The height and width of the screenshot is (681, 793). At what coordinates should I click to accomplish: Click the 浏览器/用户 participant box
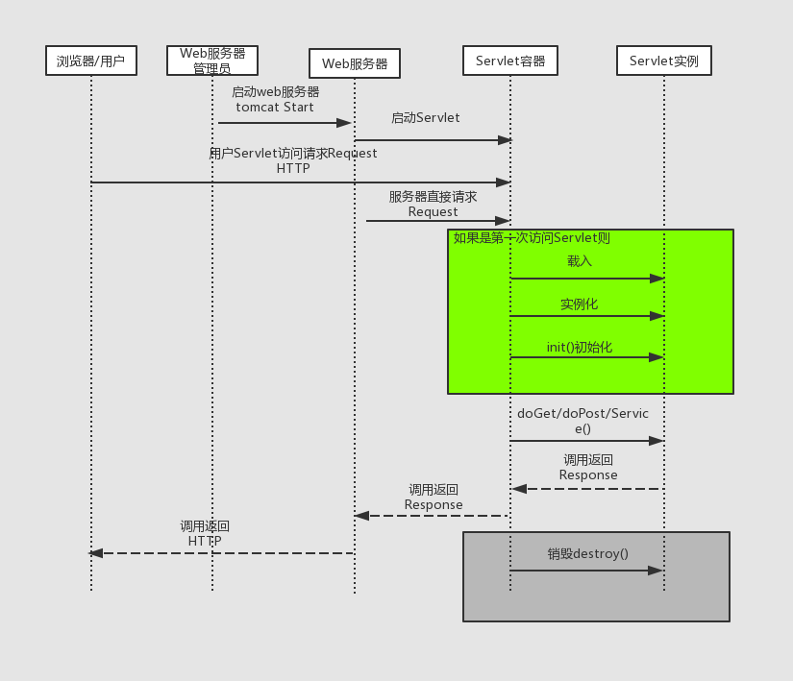point(90,61)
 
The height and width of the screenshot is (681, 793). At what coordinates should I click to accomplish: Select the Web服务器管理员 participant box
point(211,61)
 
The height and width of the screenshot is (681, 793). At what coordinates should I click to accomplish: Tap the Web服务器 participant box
point(354,63)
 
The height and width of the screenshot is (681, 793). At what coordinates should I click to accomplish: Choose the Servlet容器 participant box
point(509,61)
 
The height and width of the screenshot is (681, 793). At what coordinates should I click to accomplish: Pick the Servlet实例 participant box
point(663,61)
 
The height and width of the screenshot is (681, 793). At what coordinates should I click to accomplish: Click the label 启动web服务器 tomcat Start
point(275,100)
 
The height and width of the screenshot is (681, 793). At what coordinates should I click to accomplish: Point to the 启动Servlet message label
point(425,118)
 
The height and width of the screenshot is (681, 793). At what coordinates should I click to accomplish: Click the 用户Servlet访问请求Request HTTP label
point(293,160)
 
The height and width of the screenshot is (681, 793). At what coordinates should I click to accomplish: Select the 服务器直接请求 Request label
point(433,204)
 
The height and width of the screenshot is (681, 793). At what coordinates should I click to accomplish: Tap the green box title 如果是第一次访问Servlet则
point(532,238)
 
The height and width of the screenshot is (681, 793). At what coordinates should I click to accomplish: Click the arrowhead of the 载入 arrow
point(657,279)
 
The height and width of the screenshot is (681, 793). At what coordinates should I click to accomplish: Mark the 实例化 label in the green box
point(579,304)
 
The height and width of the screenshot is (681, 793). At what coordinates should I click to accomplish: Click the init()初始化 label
point(579,347)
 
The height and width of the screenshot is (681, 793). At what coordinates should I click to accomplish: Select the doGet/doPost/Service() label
point(582,421)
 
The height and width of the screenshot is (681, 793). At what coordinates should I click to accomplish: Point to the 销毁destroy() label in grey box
point(587,553)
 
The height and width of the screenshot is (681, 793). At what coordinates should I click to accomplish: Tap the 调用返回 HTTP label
point(205,533)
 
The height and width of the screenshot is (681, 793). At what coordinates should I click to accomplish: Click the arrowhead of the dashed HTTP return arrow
point(96,553)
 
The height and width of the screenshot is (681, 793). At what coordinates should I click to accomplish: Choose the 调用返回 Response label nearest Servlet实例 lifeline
point(588,468)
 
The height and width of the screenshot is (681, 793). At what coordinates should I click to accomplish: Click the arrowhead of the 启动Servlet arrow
point(504,140)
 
